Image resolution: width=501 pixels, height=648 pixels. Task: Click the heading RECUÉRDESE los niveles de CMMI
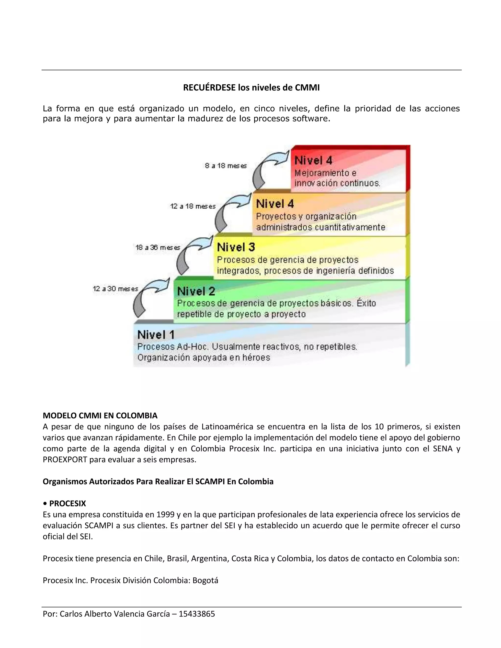(x=251, y=88)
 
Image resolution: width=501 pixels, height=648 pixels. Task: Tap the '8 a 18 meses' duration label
(x=226, y=166)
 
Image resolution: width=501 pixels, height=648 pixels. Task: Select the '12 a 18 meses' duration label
(x=193, y=206)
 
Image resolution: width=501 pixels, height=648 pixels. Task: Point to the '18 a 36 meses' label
(x=158, y=247)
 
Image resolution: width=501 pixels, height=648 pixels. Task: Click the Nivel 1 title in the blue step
(x=156, y=335)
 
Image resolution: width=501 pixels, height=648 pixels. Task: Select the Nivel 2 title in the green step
(x=196, y=291)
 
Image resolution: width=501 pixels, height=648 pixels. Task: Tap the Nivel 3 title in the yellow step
(x=236, y=247)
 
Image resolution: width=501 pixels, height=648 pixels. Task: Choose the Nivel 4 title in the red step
(x=313, y=160)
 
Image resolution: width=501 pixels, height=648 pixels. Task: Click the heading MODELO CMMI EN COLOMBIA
(x=100, y=415)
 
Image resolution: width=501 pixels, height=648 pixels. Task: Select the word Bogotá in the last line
(x=205, y=580)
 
